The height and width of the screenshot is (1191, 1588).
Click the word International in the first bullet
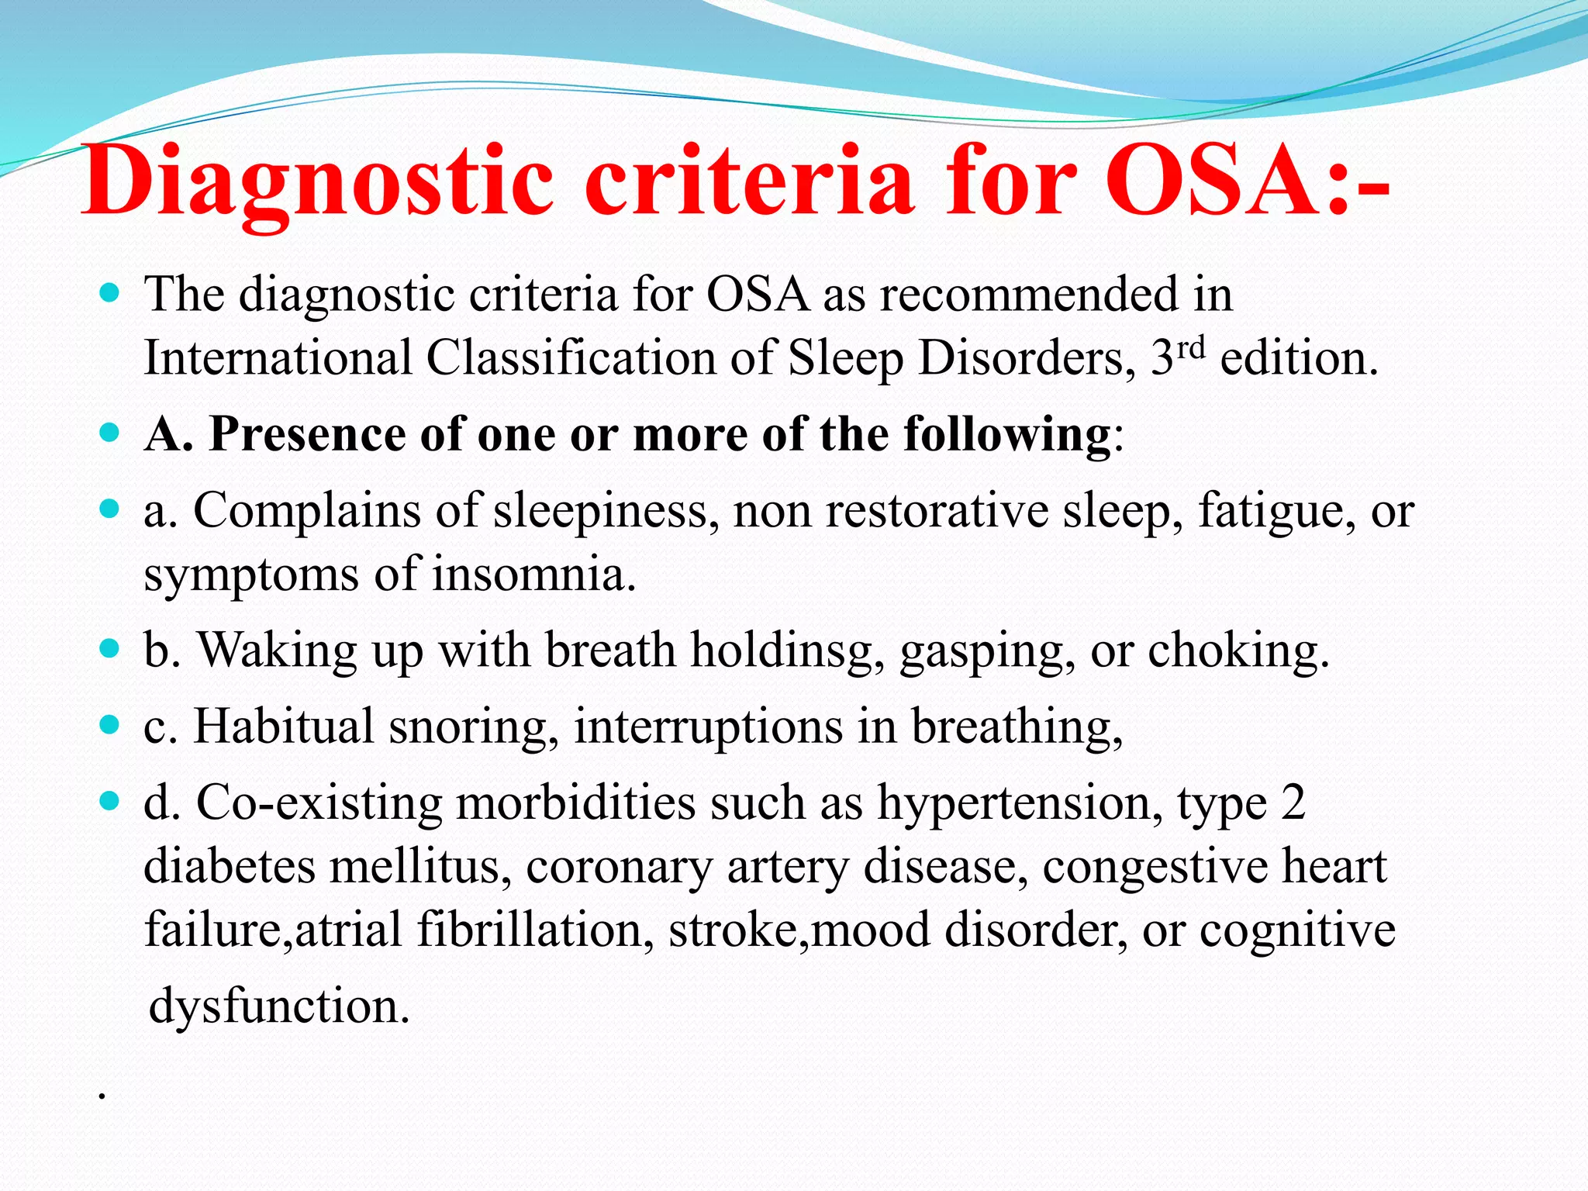click(278, 358)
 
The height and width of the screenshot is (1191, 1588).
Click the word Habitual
click(283, 727)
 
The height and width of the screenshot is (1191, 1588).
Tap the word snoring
click(473, 728)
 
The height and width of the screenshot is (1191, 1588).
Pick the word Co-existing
click(319, 803)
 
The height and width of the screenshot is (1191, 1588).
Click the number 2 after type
click(1293, 803)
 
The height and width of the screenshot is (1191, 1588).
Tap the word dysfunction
click(278, 1006)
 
